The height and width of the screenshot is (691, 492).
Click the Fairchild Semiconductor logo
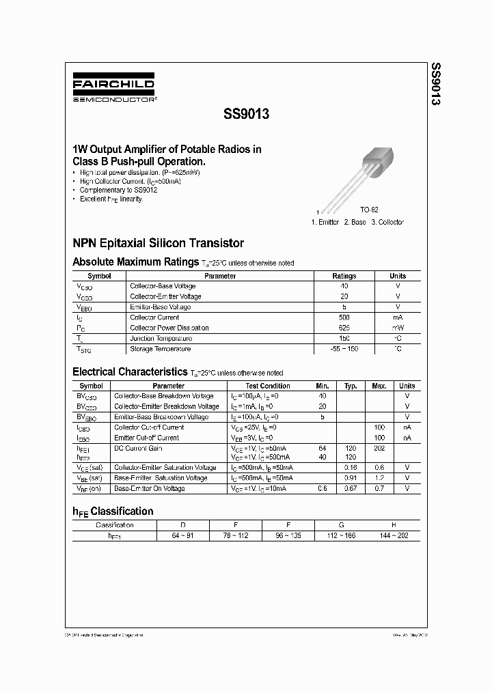tap(115, 90)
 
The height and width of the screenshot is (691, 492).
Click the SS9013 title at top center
tap(246, 115)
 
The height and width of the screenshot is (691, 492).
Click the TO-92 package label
tap(369, 211)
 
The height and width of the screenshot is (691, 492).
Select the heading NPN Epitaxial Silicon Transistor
tap(158, 243)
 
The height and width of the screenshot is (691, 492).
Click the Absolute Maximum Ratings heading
tap(135, 262)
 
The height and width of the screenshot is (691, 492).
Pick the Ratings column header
tap(344, 276)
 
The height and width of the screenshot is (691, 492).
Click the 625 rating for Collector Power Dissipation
tap(344, 328)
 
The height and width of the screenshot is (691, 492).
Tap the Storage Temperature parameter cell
tap(161, 349)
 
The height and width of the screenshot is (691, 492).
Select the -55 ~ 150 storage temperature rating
tap(344, 349)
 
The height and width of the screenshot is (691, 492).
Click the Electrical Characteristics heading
tap(130, 372)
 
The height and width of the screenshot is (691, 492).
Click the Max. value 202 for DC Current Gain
tap(379, 448)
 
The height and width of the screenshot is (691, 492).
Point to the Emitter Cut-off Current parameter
tap(146, 438)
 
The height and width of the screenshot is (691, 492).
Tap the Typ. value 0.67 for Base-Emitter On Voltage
tap(351, 489)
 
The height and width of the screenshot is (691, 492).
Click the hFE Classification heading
tap(113, 511)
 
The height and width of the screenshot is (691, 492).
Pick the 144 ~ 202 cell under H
tap(393, 535)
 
